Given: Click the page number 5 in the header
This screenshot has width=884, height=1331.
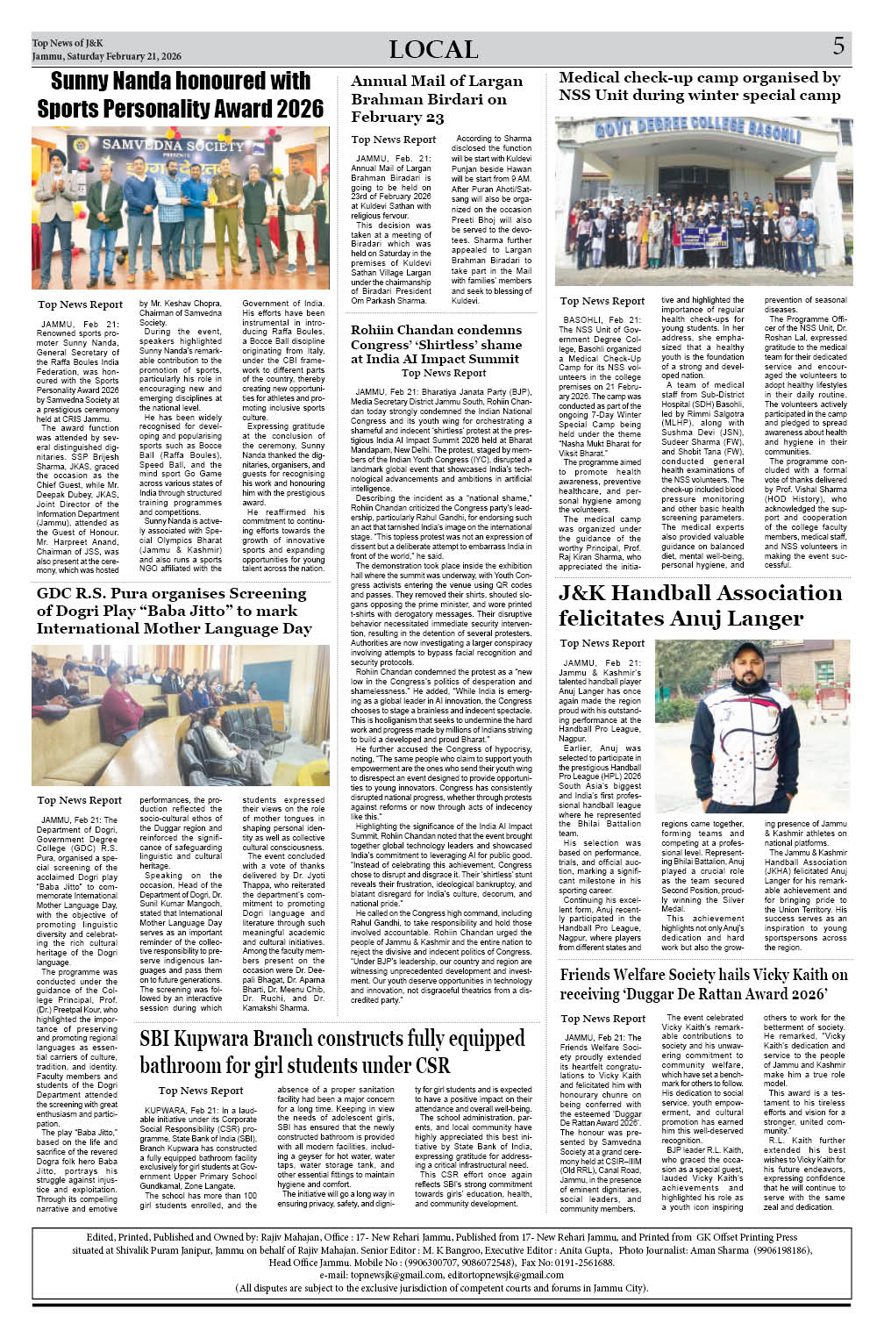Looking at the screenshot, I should [838, 47].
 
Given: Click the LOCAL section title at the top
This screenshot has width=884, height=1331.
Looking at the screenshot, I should [433, 50].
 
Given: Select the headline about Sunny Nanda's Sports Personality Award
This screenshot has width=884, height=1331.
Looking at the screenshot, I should [180, 95].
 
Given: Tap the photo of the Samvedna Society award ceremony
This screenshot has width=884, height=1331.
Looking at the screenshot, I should [181, 207].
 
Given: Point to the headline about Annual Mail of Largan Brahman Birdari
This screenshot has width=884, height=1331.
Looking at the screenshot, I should [437, 99].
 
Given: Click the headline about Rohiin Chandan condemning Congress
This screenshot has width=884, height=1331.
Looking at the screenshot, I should [436, 344].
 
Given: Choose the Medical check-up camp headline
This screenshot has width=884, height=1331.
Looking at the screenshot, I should [700, 86].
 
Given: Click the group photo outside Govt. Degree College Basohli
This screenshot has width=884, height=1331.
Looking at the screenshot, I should [703, 201].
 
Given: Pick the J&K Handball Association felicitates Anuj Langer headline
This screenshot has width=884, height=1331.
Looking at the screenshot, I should [700, 605].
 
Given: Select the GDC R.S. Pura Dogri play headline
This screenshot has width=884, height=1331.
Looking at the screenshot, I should [174, 611].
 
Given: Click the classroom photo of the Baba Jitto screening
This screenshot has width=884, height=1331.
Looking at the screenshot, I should [181, 715].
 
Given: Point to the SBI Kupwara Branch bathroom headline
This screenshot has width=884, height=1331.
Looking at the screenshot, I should [332, 1052].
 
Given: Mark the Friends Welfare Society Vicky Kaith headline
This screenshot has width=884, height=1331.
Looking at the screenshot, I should [703, 984].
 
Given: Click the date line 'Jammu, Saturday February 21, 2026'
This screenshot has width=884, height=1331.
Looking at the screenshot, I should [106, 56].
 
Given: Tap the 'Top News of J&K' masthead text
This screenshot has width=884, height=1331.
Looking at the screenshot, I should [68, 42].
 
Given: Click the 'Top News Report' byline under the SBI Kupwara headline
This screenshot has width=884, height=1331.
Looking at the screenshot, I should [201, 1091].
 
